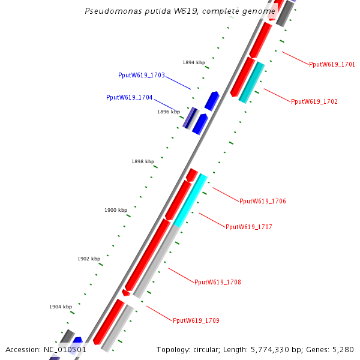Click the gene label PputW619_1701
point(332,64)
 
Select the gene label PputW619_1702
point(314,101)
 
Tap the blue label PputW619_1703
point(141,75)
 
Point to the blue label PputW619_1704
point(129,97)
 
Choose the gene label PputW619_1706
point(262,201)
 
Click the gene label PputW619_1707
point(248,227)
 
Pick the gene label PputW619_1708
point(217,281)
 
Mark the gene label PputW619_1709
point(196,320)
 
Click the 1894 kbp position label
point(193,62)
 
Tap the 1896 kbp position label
point(168,112)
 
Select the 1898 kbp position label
point(142,161)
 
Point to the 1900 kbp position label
point(115,210)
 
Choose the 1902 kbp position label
point(88,259)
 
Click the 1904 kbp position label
point(60,307)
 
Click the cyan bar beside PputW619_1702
point(251,82)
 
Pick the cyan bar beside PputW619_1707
point(191,200)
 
